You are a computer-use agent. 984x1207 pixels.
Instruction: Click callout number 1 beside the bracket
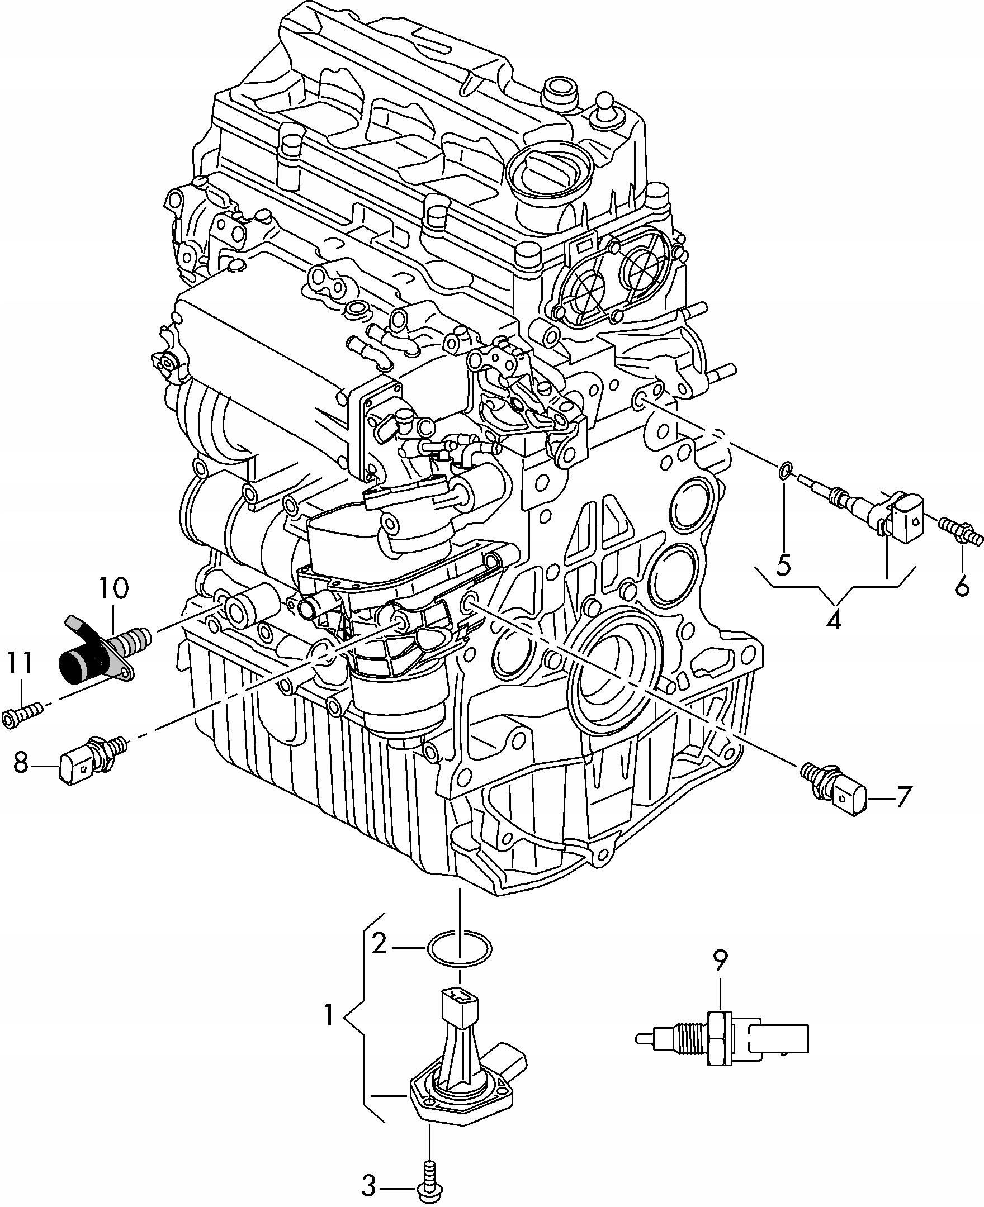click(328, 1016)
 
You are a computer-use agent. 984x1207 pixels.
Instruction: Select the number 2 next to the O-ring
click(379, 944)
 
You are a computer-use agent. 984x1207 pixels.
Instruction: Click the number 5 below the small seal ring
click(783, 549)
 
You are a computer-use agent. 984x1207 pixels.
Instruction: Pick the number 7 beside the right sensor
click(903, 797)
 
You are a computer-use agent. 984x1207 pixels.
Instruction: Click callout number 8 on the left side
click(20, 762)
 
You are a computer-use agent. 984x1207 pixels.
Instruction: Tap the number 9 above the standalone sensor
click(720, 959)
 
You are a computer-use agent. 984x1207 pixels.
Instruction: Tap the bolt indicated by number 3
click(430, 1170)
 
